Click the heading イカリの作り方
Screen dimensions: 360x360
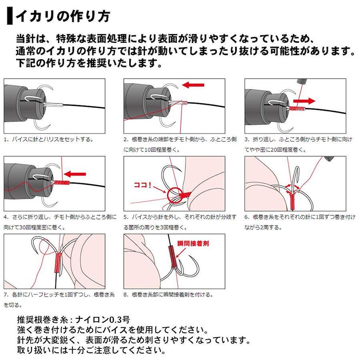point(63,16)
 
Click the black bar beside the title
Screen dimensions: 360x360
point(10,16)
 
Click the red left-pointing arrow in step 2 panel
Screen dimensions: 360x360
point(193,85)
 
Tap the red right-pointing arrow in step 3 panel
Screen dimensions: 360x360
point(304,101)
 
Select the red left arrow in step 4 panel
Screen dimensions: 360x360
point(75,174)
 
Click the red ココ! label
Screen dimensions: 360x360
point(142,185)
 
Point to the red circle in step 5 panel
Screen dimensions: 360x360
point(175,195)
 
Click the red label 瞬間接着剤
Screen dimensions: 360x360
point(193,243)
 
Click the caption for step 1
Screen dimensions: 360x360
point(49,139)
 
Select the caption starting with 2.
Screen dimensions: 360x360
point(180,144)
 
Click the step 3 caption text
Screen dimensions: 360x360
point(298,144)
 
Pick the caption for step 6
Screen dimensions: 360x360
point(300,222)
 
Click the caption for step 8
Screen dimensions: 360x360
point(168,294)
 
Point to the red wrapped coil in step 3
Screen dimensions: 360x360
point(297,108)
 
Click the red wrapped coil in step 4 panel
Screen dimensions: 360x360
point(62,182)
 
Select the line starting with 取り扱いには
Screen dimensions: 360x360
point(91,350)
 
